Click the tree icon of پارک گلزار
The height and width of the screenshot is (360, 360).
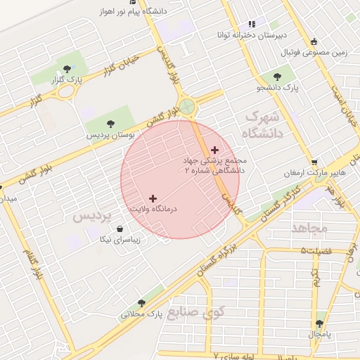pyautogui.click(x=67, y=69)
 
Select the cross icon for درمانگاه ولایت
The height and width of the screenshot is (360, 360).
pyautogui.click(x=153, y=199)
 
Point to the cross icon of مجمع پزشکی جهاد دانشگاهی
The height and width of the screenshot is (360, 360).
pyautogui.click(x=214, y=149)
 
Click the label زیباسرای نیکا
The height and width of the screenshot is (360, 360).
pyautogui.click(x=120, y=240)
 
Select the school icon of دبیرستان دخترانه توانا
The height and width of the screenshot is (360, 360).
pyautogui.click(x=252, y=25)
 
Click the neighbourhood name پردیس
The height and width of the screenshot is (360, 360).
pyautogui.click(x=92, y=217)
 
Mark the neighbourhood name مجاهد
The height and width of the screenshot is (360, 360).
pyautogui.click(x=309, y=229)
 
